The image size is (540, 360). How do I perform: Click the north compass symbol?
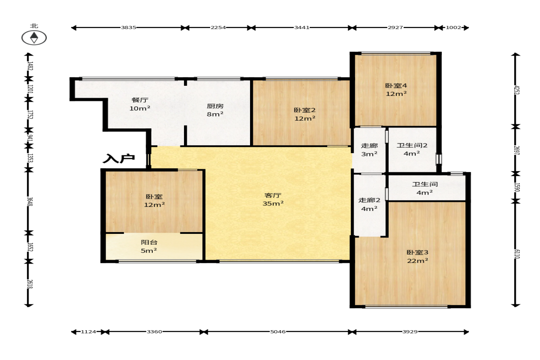pos(34,38)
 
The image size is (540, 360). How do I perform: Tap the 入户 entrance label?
pos(119,159)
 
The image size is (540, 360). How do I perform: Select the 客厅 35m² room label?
pos(273,199)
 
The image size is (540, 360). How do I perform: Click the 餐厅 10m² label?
pos(140,104)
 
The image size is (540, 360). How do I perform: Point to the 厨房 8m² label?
pos(215,110)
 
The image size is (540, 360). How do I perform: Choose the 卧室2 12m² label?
pos(305,114)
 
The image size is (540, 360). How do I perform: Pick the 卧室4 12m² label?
pos(396,89)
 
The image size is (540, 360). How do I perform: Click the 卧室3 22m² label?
pos(418,257)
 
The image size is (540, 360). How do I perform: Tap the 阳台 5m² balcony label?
pos(149,246)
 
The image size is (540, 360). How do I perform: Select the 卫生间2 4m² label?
pos(412,150)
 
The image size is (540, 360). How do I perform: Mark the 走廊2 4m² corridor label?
pos(369,205)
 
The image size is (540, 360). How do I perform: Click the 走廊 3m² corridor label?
pos(369,150)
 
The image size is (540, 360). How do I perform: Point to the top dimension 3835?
pos(128,28)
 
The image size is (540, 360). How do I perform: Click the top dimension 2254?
pos(218,28)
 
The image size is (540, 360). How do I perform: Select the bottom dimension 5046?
pos(278,332)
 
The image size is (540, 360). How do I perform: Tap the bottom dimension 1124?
pos(89,332)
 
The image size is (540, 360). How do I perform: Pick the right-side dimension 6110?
pos(517,255)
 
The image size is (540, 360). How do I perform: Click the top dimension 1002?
pos(453,28)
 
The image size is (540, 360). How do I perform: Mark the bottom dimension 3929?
pos(410,332)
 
